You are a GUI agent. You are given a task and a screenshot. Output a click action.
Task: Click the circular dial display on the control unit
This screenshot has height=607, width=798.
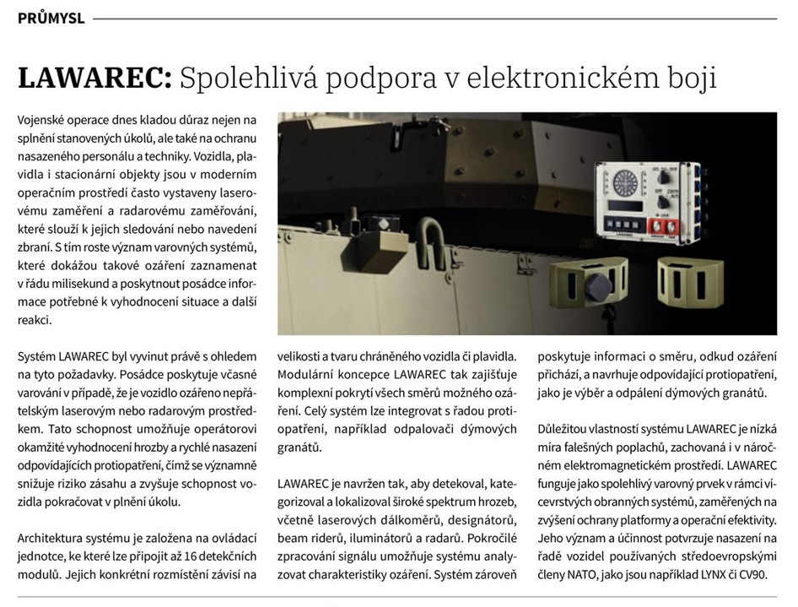coord(627,182)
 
